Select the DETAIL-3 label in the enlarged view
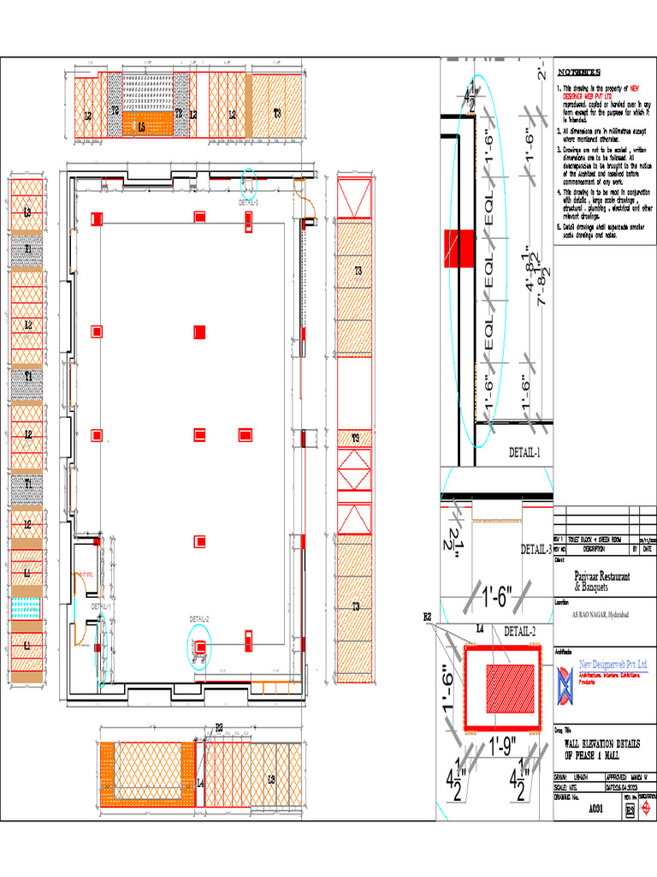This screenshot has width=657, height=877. click(x=536, y=549)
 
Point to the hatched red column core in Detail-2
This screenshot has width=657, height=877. click(x=511, y=689)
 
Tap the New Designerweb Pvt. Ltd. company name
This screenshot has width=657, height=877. click(x=613, y=665)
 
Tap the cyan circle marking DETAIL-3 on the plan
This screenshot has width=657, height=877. click(x=248, y=182)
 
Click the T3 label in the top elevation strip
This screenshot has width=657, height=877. click(x=276, y=113)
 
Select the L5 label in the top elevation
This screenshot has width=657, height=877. click(x=141, y=126)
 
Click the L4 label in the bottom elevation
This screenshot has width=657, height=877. click(x=200, y=783)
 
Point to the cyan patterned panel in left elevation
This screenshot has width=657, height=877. click(x=27, y=607)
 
